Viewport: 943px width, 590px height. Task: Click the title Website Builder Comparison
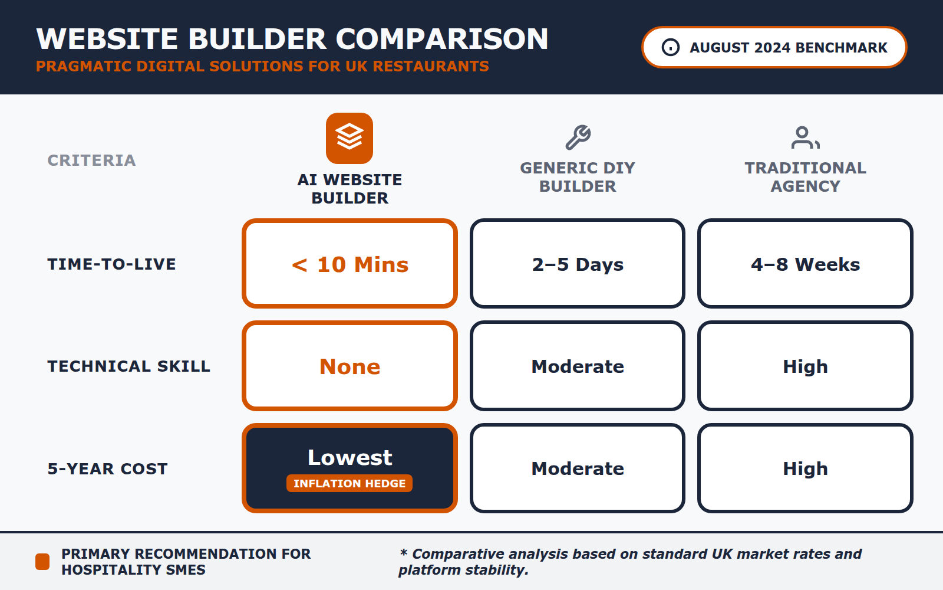(x=292, y=39)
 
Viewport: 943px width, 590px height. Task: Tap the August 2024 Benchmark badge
(x=774, y=47)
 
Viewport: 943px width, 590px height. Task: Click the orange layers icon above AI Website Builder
(x=349, y=138)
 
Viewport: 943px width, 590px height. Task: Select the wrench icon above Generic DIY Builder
(x=578, y=137)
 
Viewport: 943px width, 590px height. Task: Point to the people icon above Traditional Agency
(x=805, y=137)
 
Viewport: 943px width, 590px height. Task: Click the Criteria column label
(x=91, y=160)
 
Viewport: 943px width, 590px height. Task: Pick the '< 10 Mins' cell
(x=349, y=264)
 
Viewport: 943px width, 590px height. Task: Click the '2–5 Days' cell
(x=578, y=264)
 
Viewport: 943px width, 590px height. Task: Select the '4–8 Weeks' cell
(x=805, y=264)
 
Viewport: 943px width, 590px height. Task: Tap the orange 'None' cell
(x=349, y=366)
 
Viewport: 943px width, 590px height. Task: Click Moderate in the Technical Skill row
(x=578, y=366)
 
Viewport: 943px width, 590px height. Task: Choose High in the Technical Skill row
(x=805, y=366)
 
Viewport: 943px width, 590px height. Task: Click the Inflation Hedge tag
(x=349, y=483)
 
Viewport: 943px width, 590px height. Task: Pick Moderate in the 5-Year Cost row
(x=578, y=468)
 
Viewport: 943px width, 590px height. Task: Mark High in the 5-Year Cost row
(x=805, y=468)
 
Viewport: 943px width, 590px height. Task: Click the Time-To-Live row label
(x=111, y=264)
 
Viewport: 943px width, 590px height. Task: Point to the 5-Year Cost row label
(x=107, y=468)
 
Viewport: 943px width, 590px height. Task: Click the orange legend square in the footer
(x=42, y=562)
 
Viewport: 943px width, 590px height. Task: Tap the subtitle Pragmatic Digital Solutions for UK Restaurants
(x=262, y=66)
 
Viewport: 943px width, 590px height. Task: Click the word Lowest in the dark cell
(x=349, y=457)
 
